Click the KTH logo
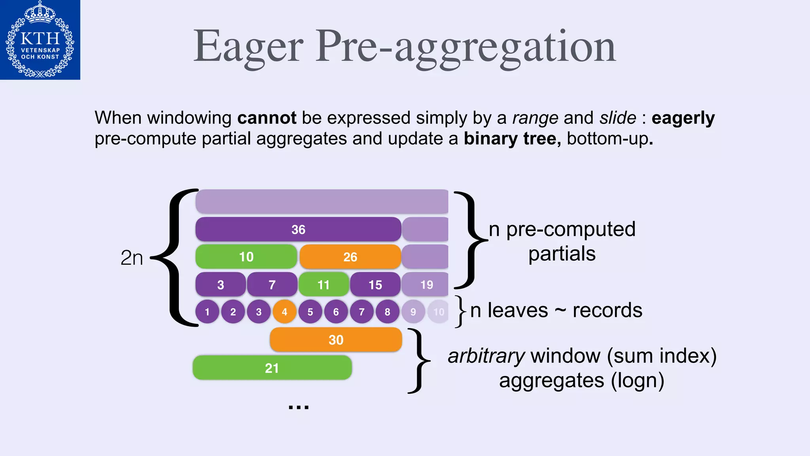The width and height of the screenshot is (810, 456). (x=40, y=40)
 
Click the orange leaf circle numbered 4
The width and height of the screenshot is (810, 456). (x=284, y=312)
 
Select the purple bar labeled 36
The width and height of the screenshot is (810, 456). (x=298, y=230)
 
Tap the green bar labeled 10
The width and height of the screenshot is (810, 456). (x=246, y=257)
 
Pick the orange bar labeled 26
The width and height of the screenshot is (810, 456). (x=350, y=257)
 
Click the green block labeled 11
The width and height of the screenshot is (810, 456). (x=324, y=285)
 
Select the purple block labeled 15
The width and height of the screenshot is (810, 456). (x=375, y=285)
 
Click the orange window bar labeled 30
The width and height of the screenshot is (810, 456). (x=336, y=340)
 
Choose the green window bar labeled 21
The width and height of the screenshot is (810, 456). (x=272, y=368)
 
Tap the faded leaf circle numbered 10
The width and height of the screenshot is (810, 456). (x=439, y=312)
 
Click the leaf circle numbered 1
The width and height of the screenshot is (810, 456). (x=207, y=312)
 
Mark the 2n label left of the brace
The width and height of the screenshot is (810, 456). (x=132, y=258)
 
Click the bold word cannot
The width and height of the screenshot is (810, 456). (x=267, y=118)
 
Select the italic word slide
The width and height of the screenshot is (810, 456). (x=618, y=118)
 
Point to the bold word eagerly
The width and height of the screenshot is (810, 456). (x=683, y=118)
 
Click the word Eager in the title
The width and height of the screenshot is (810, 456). (x=248, y=47)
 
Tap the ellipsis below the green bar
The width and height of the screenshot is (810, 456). (x=299, y=407)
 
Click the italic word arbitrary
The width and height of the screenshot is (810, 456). (x=486, y=356)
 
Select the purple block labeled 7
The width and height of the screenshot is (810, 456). (x=272, y=285)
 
